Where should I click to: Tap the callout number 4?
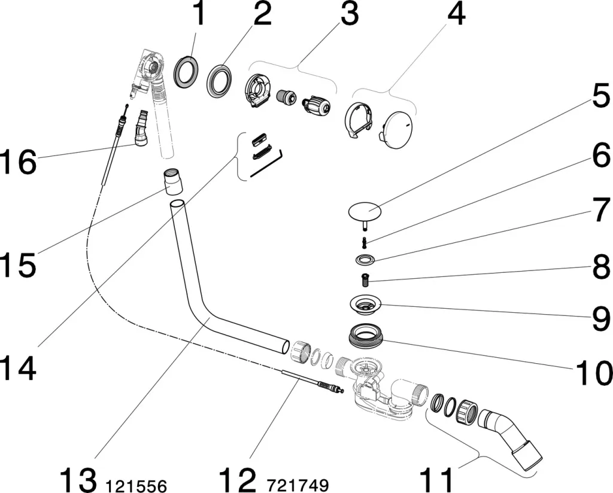point(456,14)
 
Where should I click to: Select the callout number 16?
point(19,162)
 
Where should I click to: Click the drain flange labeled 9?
point(365,305)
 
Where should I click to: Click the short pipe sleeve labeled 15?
point(172,181)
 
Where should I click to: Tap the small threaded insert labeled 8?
point(365,277)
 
